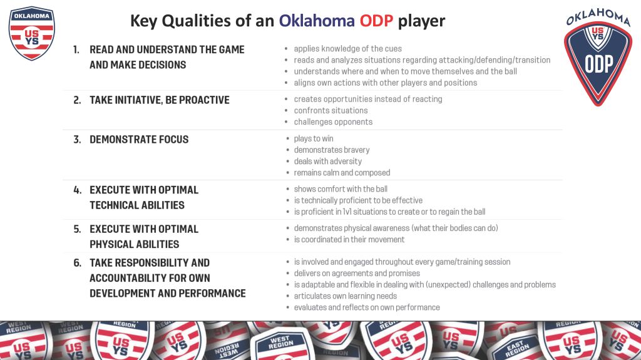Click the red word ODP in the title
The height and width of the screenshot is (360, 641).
click(x=376, y=21)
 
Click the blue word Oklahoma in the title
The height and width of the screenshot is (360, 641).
click(x=317, y=21)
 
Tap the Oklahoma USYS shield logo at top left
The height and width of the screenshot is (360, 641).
click(x=31, y=33)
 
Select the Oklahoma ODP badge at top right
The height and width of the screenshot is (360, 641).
click(x=598, y=57)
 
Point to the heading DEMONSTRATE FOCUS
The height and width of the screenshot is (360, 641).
click(x=139, y=140)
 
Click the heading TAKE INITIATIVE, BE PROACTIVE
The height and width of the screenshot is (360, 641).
click(x=160, y=100)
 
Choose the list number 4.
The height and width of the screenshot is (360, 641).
click(x=77, y=190)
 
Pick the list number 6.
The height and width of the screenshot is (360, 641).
click(x=77, y=262)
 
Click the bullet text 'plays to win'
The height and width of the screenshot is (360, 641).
click(x=314, y=139)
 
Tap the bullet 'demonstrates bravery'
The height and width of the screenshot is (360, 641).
click(x=332, y=150)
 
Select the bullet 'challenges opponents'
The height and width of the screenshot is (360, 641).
click(x=333, y=122)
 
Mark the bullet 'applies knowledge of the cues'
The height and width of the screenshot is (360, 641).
click(x=348, y=49)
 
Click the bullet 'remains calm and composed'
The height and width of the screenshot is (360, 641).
click(x=342, y=173)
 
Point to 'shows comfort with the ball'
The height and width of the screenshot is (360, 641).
click(x=341, y=189)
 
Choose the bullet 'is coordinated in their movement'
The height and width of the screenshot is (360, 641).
click(x=349, y=239)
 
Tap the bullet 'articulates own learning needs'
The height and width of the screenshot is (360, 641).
click(x=346, y=296)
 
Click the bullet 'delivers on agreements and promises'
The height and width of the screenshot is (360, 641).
click(x=357, y=273)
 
